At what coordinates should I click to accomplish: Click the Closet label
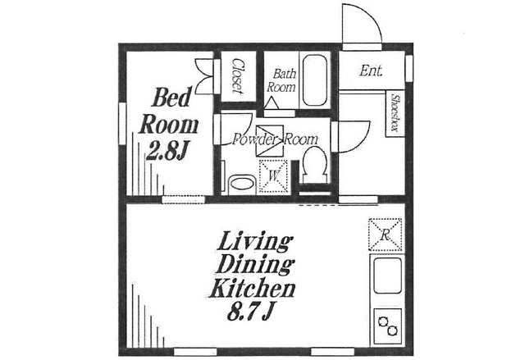tap(237, 76)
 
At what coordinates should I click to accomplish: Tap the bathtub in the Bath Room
tap(315, 80)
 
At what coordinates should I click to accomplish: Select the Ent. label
tap(371, 71)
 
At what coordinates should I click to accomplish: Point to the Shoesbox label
tap(395, 113)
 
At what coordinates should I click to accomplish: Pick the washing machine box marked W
tap(274, 176)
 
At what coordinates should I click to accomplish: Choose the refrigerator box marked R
tap(385, 235)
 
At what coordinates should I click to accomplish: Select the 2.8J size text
tap(166, 152)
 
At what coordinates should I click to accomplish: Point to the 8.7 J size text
tap(249, 312)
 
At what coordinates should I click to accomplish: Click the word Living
tap(253, 242)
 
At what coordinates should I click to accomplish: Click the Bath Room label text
tap(281, 80)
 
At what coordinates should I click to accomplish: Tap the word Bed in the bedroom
tap(172, 98)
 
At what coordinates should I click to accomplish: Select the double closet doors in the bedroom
tap(204, 76)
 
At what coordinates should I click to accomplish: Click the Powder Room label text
tap(275, 139)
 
